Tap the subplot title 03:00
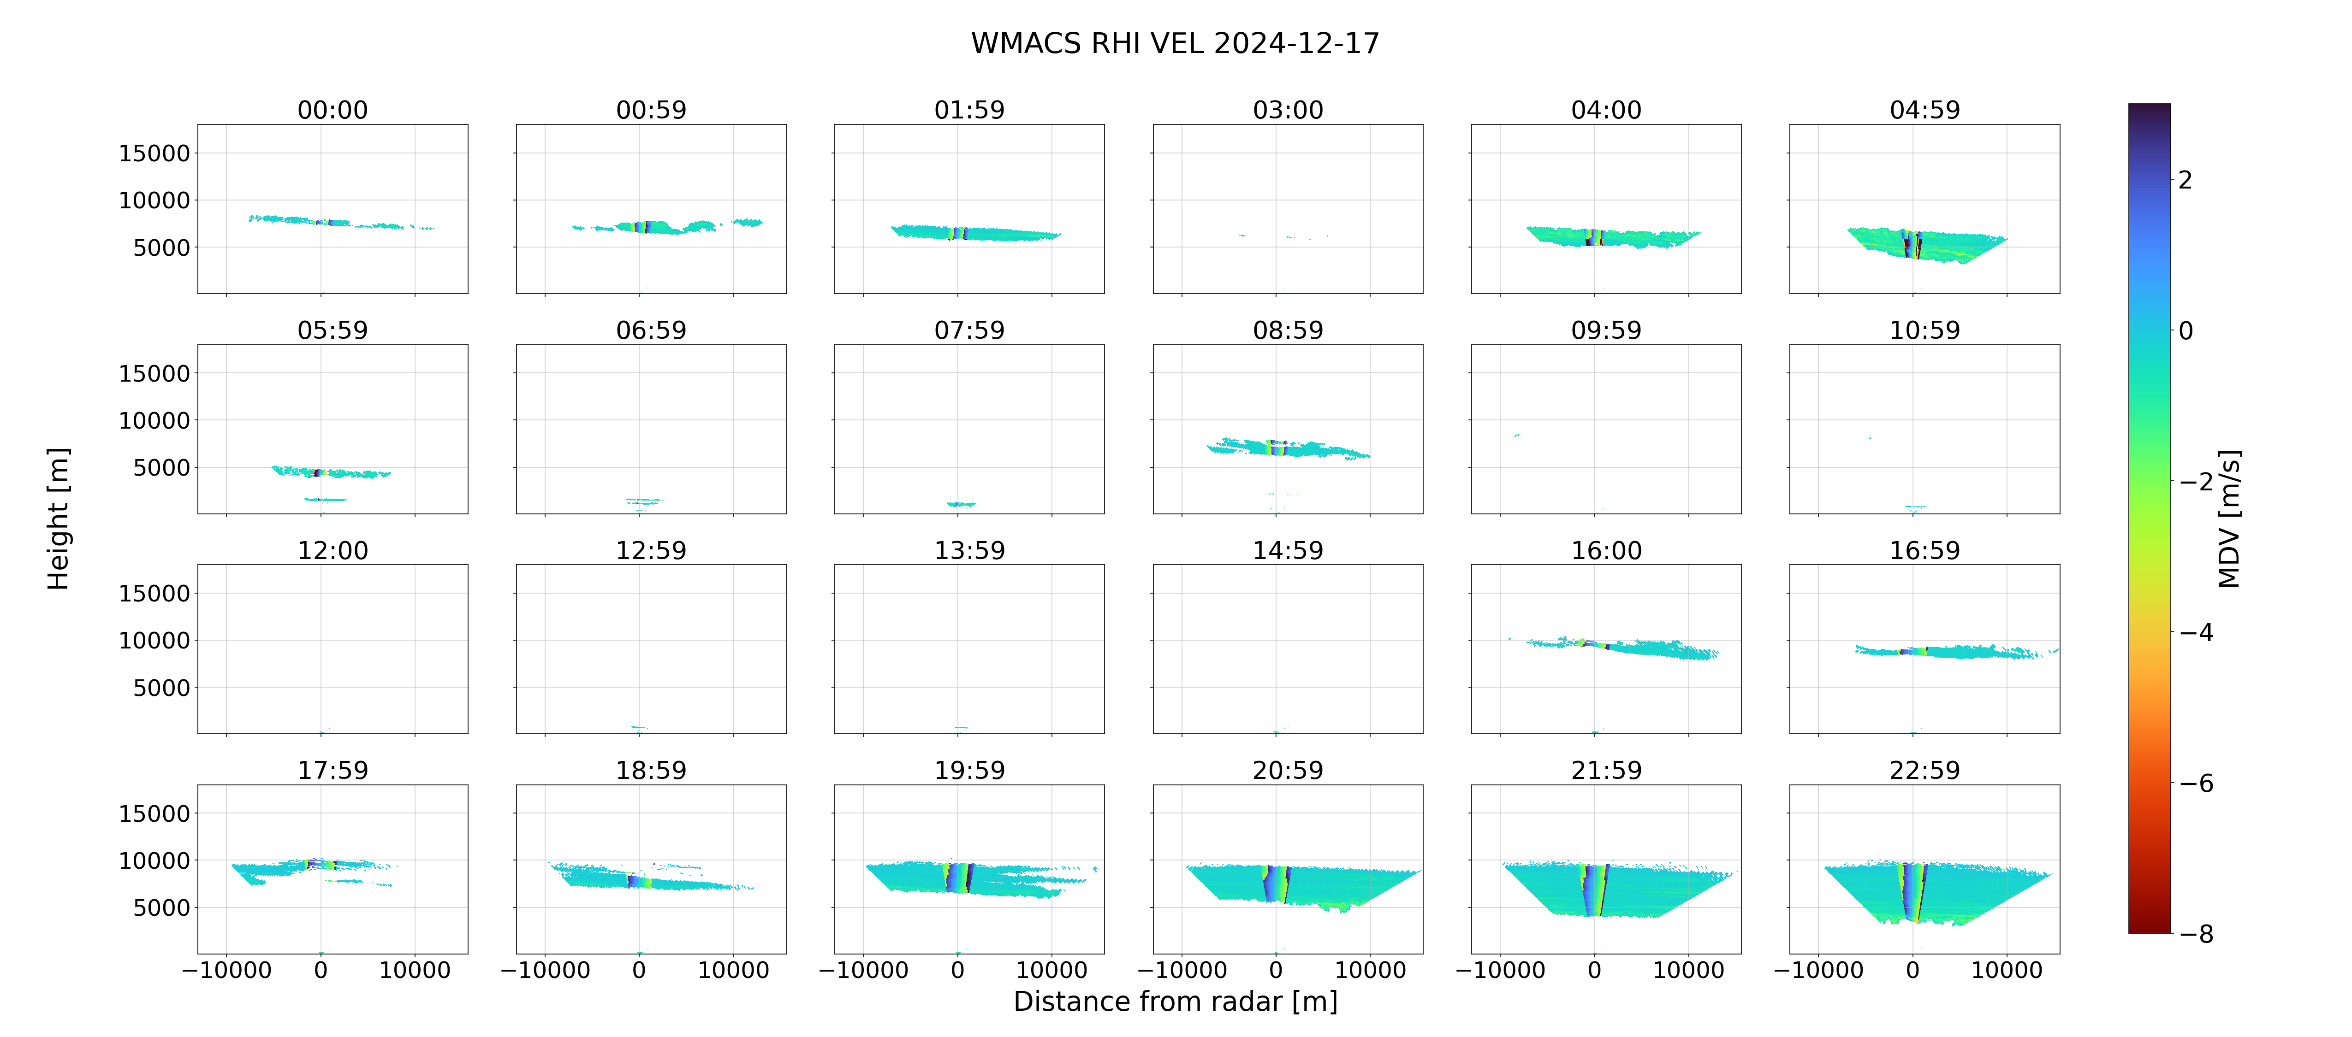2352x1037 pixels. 1288,111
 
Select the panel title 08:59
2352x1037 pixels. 1288,330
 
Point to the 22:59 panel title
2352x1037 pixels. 1924,771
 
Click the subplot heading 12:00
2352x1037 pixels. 333,550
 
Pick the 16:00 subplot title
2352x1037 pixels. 1606,550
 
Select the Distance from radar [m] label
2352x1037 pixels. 1175,1002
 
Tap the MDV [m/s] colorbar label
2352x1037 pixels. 2229,518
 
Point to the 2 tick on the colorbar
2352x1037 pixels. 2185,180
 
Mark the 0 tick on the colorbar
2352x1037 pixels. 2185,330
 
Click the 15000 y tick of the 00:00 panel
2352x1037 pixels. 154,153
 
